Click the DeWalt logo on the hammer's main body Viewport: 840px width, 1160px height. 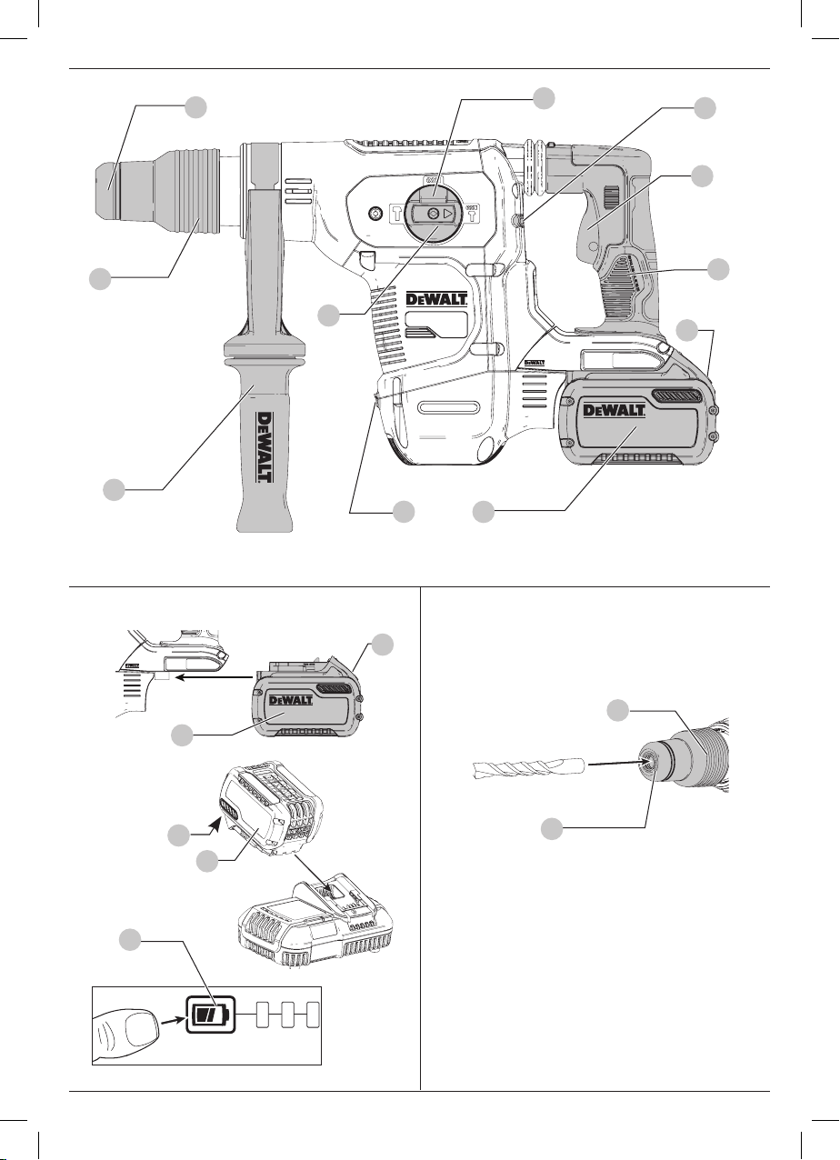pos(436,299)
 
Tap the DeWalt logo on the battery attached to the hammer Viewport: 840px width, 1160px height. pos(615,410)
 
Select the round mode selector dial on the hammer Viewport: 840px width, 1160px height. pos(434,213)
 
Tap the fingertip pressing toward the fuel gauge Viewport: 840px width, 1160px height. pos(125,1029)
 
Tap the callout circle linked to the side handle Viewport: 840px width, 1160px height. pos(114,490)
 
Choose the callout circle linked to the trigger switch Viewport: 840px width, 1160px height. pos(702,176)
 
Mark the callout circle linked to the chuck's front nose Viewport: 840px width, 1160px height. pos(195,107)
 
